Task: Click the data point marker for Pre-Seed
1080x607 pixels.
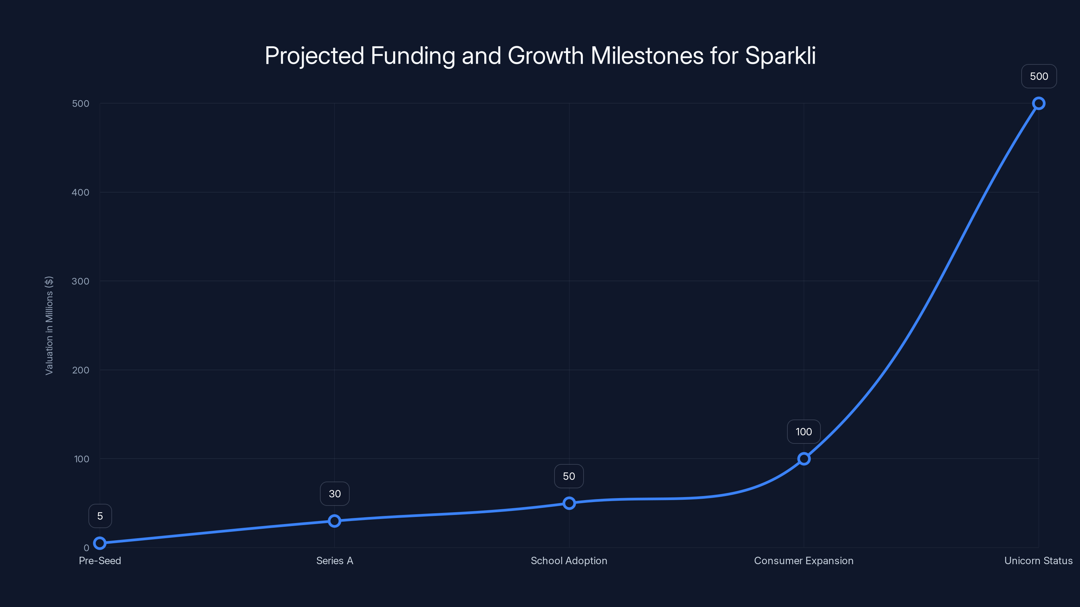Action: point(100,543)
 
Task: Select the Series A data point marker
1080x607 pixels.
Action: point(334,521)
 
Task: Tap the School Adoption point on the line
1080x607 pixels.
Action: point(569,503)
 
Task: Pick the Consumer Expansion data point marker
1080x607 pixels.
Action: point(804,459)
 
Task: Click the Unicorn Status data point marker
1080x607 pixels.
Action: point(1038,104)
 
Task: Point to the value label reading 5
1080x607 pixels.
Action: point(100,516)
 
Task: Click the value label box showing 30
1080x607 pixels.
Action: point(334,493)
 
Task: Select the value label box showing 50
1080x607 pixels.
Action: point(569,476)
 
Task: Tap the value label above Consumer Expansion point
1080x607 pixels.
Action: point(804,432)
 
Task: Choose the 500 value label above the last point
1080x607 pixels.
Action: point(1039,76)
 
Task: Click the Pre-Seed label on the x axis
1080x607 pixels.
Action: point(100,560)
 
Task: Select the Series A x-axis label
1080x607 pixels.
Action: point(334,560)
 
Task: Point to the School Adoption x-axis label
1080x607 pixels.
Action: point(569,560)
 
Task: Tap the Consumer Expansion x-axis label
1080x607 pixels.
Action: point(804,560)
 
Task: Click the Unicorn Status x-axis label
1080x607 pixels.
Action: point(1038,560)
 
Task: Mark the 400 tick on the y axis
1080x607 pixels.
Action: point(81,192)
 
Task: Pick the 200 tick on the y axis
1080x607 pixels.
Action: point(81,370)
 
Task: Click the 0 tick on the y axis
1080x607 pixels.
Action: point(86,548)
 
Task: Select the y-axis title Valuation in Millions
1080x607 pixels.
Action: point(49,325)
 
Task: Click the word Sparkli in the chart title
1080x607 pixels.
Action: point(780,55)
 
